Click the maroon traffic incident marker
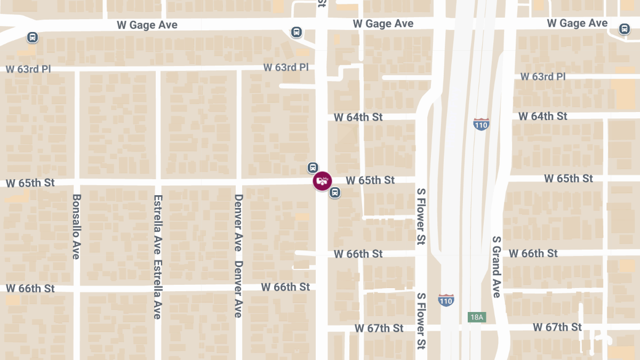coord(322,181)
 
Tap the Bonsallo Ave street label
coord(76,226)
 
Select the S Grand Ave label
coord(497,267)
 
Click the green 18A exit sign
coord(477,317)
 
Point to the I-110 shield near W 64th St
coord(481,125)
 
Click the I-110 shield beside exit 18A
coord(446,300)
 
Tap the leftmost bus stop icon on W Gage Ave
coord(33,37)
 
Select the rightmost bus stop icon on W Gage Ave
coord(625,29)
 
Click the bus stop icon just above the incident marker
coord(313,167)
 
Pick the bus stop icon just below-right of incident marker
coord(335,193)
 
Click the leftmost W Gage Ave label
coord(147,25)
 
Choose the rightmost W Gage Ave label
coord(577,23)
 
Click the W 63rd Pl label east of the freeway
coord(543,77)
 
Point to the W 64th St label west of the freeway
coord(358,117)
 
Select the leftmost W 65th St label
coord(30,183)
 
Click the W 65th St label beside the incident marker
coord(370,180)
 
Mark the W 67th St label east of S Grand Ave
coord(557,327)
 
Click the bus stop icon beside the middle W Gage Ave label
coord(297,32)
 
